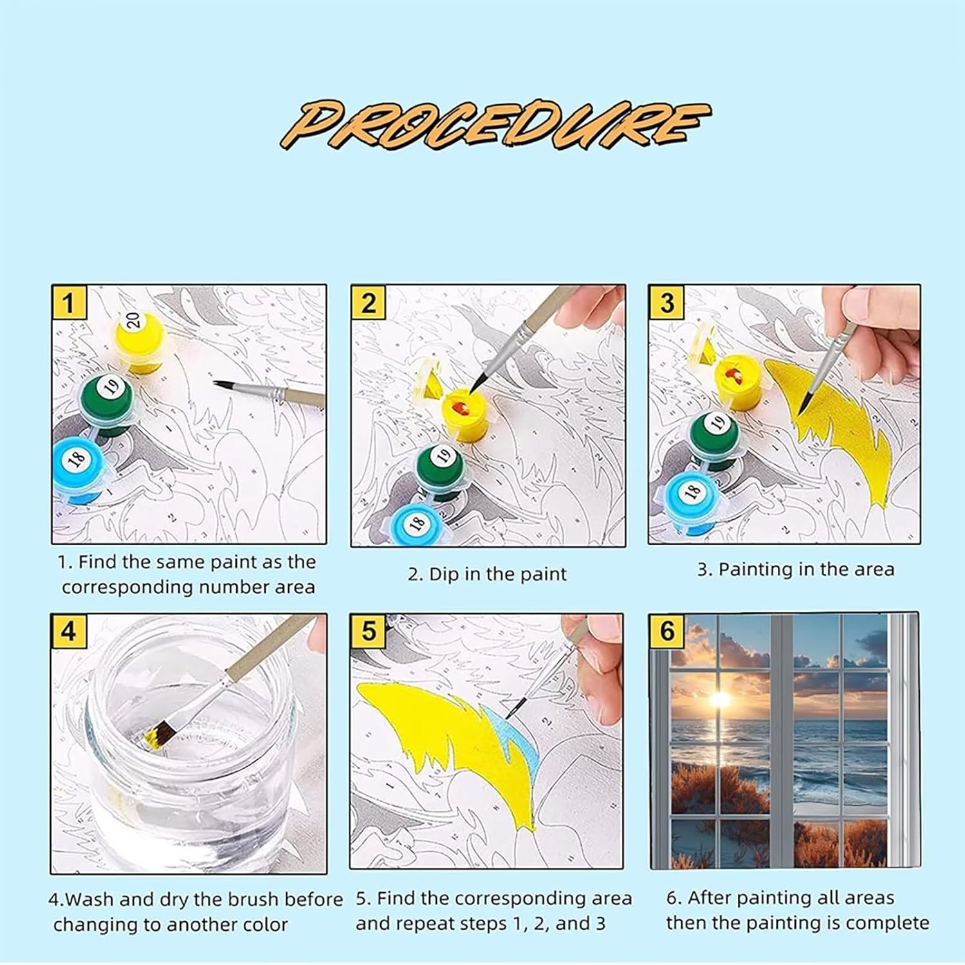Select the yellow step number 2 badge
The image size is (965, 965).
point(368,302)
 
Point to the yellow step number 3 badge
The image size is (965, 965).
point(666,302)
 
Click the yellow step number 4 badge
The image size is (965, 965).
point(68,630)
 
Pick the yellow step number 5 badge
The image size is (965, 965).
point(368,630)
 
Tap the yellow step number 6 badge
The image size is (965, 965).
point(666,630)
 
